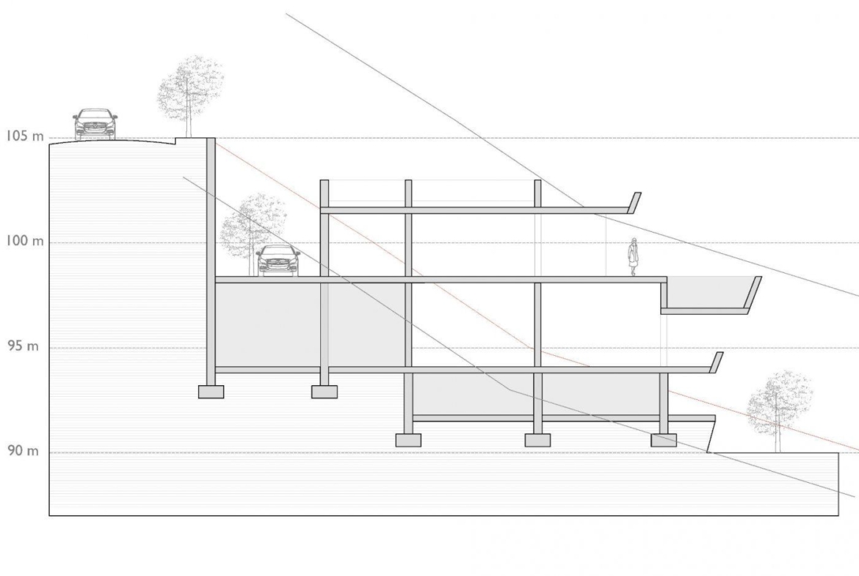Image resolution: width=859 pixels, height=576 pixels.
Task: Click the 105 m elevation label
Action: click(x=25, y=136)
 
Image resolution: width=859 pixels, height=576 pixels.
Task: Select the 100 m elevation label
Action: click(x=25, y=241)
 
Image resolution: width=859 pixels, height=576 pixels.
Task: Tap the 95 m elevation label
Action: click(x=23, y=346)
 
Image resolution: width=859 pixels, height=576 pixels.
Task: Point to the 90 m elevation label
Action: click(x=23, y=451)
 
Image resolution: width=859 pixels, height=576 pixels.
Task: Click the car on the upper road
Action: click(x=95, y=124)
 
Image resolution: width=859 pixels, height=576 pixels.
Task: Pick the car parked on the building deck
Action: click(x=278, y=260)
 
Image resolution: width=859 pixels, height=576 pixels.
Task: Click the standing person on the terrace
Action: click(x=634, y=257)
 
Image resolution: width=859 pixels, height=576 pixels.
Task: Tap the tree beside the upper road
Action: click(x=189, y=94)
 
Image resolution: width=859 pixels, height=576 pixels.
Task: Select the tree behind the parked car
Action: click(x=252, y=233)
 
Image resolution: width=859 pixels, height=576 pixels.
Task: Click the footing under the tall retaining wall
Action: click(x=211, y=392)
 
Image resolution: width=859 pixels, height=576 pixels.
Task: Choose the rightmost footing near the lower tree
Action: click(x=664, y=440)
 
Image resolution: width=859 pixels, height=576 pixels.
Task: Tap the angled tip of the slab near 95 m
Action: click(x=717, y=363)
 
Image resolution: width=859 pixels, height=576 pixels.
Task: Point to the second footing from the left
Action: click(x=325, y=392)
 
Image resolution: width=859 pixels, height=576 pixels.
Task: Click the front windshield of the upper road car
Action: click(x=95, y=115)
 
